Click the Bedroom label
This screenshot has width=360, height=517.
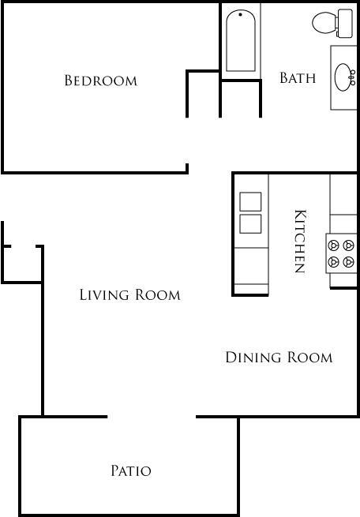pyautogui.click(x=100, y=81)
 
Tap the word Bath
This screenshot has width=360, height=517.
pyautogui.click(x=298, y=78)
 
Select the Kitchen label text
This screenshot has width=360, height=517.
pyautogui.click(x=300, y=242)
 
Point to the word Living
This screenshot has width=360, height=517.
pyautogui.click(x=104, y=294)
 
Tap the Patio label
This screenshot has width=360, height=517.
pyautogui.click(x=131, y=471)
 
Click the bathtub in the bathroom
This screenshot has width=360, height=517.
pyautogui.click(x=241, y=40)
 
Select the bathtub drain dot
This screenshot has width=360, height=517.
pyautogui.click(x=240, y=14)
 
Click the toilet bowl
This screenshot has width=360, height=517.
pyautogui.click(x=324, y=22)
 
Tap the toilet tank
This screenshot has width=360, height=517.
pyautogui.click(x=344, y=23)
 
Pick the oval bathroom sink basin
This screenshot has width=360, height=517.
pyautogui.click(x=343, y=77)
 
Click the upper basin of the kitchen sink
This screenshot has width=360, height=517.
pyautogui.click(x=250, y=201)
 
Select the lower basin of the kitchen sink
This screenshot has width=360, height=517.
pyautogui.click(x=250, y=224)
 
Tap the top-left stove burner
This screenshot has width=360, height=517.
pyautogui.click(x=333, y=245)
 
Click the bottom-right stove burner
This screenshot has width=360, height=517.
pyautogui.click(x=348, y=262)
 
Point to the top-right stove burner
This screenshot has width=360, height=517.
pyautogui.click(x=348, y=245)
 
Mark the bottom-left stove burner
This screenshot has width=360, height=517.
pyautogui.click(x=333, y=262)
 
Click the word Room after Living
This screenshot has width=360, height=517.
pyautogui.click(x=158, y=294)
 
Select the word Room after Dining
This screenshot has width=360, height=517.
pyautogui.click(x=310, y=358)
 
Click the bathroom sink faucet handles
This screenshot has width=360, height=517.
pyautogui.click(x=353, y=77)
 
